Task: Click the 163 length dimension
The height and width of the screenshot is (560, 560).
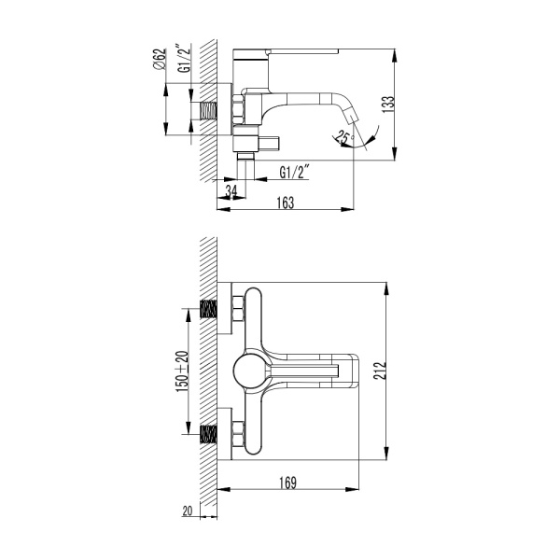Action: click(x=285, y=203)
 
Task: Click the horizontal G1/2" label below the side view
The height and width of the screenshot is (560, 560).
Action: click(x=295, y=171)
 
